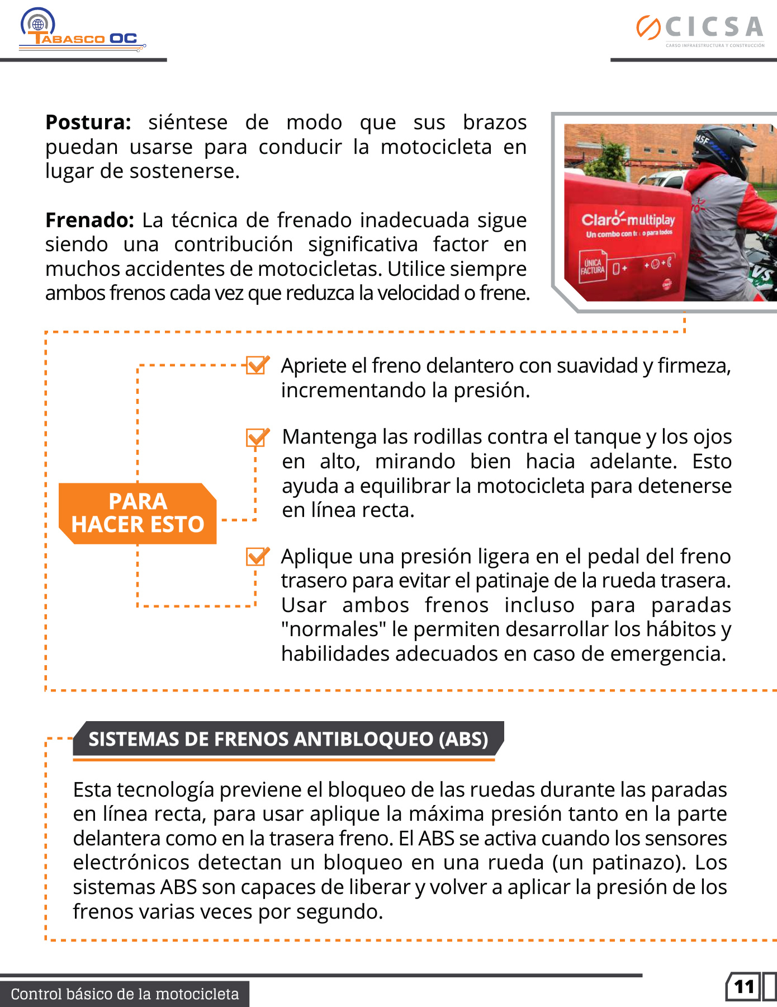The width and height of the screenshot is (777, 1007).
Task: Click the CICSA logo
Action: [x=700, y=30]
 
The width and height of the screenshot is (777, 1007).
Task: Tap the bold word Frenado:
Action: [x=89, y=220]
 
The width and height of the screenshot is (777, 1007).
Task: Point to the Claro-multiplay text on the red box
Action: [x=628, y=219]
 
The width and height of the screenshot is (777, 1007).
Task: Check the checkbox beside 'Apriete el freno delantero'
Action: [x=257, y=365]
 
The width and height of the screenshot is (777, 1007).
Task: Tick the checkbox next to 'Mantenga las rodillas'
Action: [x=257, y=437]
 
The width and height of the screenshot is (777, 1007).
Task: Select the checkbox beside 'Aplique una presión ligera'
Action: [x=257, y=556]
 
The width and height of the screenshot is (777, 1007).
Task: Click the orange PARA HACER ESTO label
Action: [x=138, y=513]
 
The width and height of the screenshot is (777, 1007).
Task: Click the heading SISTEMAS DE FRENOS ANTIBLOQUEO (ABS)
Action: [x=288, y=739]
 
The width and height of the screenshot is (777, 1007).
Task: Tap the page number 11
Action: [x=744, y=987]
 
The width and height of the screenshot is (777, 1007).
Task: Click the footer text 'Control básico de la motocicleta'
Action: [x=125, y=994]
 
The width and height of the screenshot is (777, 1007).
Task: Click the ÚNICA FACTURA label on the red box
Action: [x=593, y=267]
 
